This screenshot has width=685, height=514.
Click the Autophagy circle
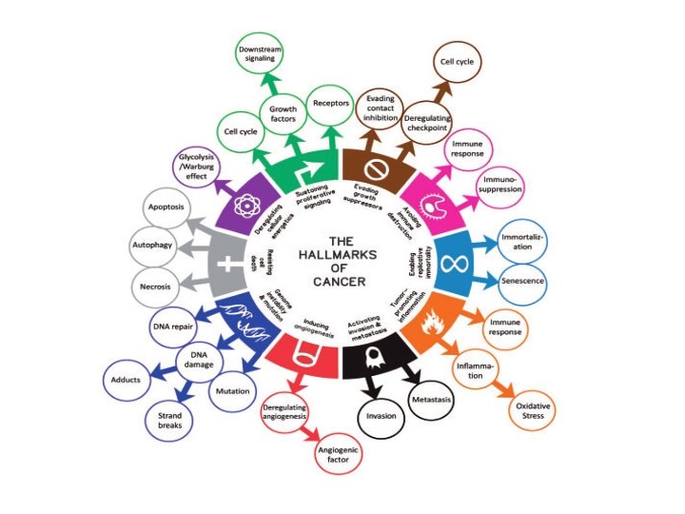pyautogui.click(x=148, y=245)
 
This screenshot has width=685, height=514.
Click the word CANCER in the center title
pyautogui.click(x=341, y=281)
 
